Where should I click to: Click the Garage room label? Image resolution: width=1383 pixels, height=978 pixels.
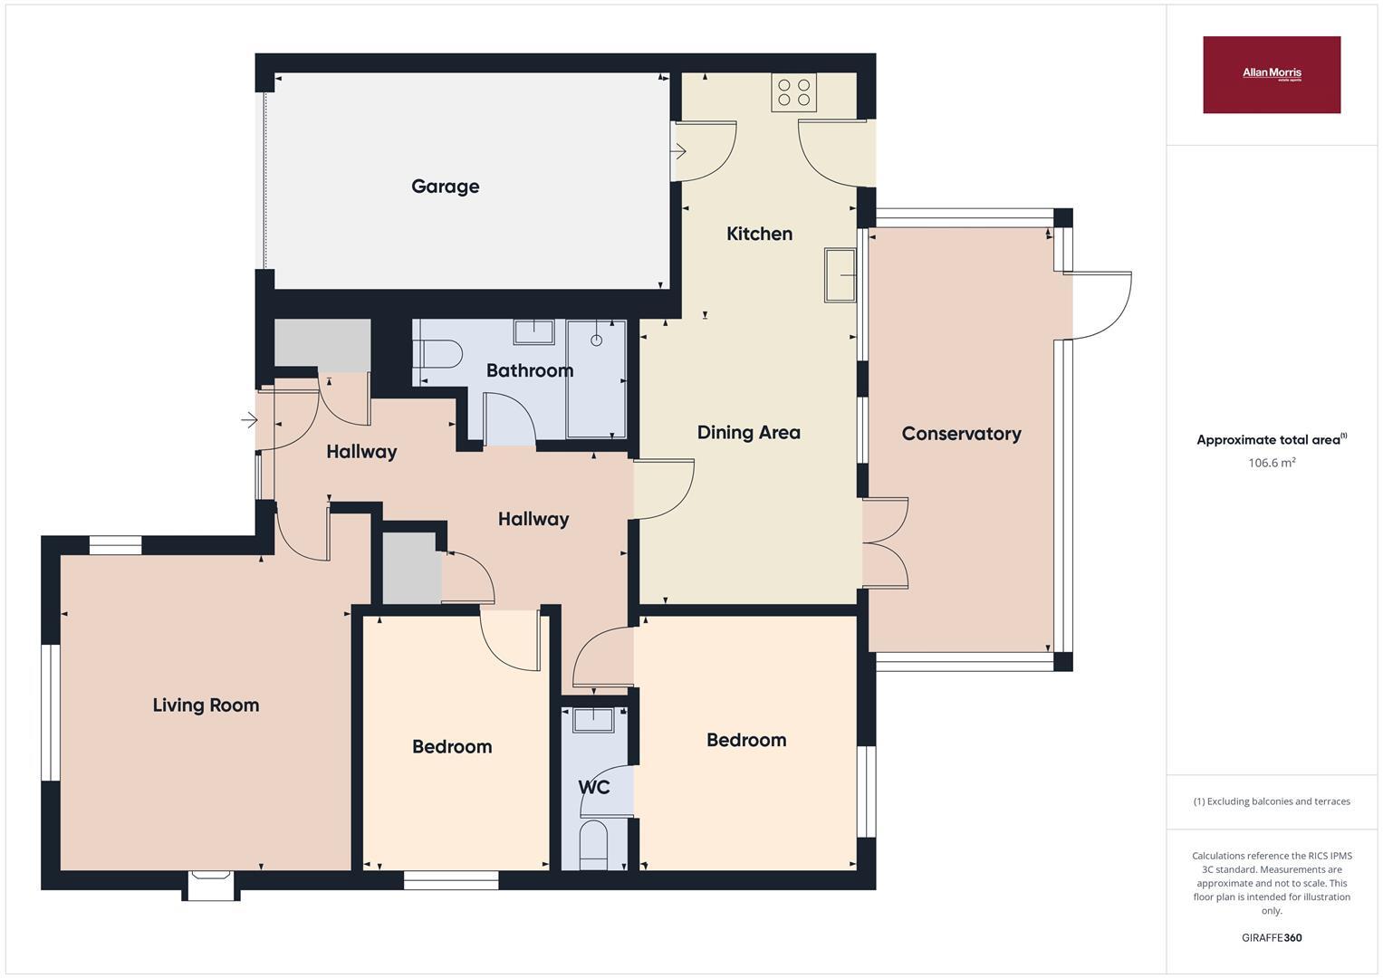point(445,187)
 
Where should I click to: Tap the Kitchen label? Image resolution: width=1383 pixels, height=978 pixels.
point(759,234)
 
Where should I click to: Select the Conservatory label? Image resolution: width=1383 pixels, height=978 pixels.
point(961,434)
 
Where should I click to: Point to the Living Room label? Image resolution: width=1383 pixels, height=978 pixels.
point(206,705)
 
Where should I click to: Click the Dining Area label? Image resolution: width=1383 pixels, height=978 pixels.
point(748,433)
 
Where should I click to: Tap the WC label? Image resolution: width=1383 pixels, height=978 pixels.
point(594,788)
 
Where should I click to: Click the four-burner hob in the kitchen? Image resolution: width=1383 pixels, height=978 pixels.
point(793,92)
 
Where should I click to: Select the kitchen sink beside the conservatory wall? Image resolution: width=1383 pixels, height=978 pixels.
point(840,273)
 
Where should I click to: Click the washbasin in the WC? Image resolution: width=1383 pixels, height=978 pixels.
point(594,719)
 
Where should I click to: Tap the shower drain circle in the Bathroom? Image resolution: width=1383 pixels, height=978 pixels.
point(596,340)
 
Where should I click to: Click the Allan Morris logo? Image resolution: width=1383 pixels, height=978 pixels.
point(1271,74)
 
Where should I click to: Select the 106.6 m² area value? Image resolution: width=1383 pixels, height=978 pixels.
point(1271,463)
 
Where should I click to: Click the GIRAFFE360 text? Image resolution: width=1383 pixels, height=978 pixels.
point(1271,937)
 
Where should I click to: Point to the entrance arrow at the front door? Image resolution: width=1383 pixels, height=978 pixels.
point(249,419)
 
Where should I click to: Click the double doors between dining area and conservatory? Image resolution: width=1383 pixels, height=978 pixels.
point(885,542)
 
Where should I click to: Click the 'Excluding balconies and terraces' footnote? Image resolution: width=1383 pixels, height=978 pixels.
point(1271,801)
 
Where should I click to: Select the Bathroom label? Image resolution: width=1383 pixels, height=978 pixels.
point(530,370)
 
